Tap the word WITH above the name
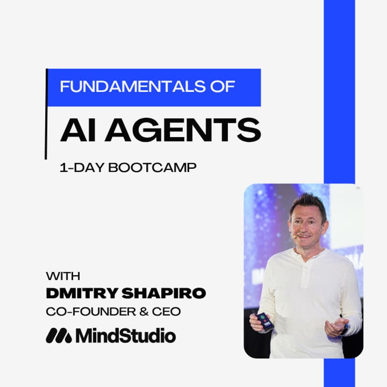tap(63, 276)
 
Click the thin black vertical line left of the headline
tap(46, 114)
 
